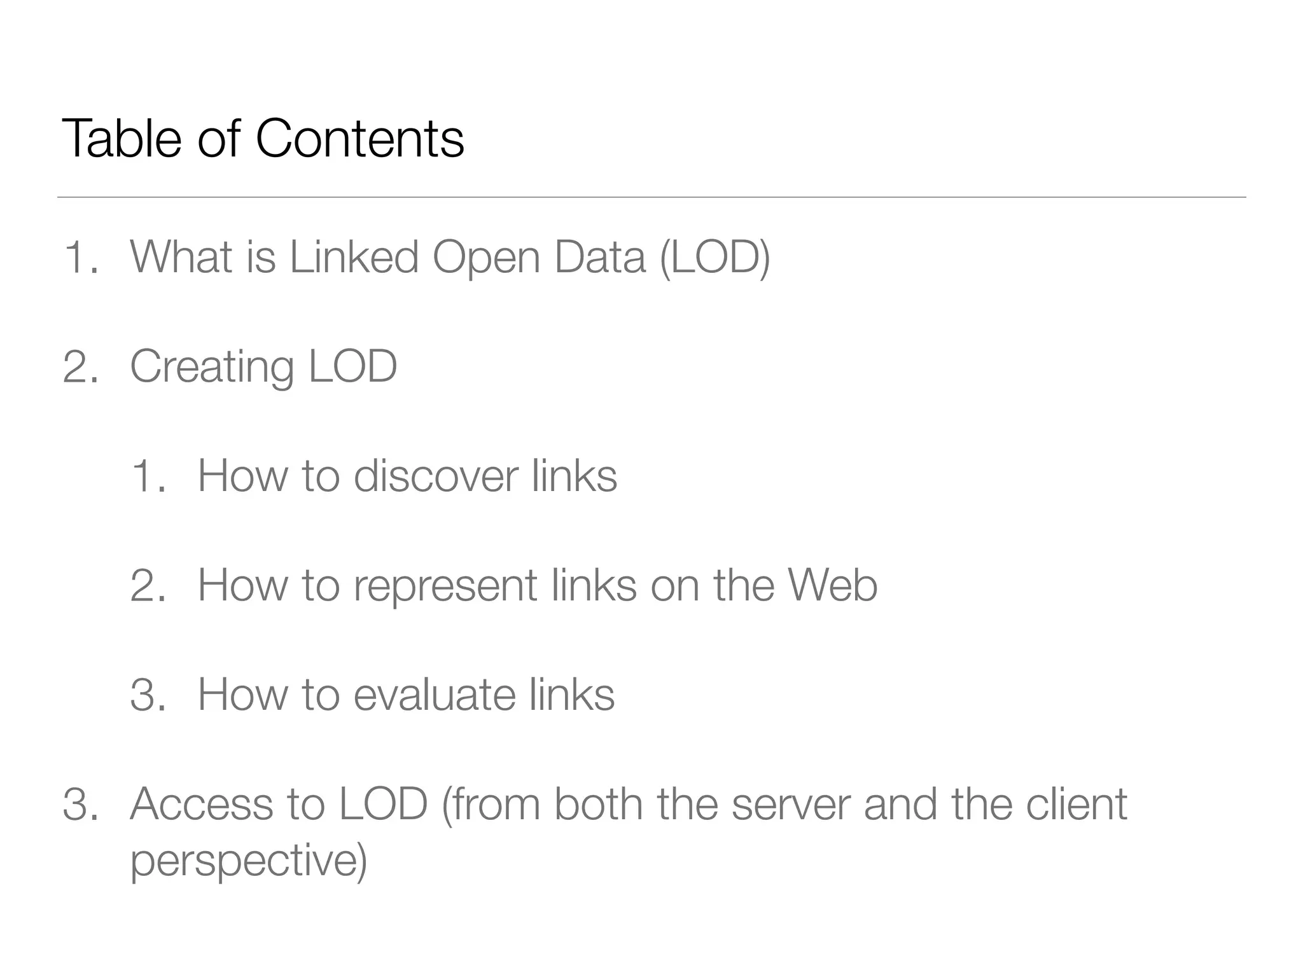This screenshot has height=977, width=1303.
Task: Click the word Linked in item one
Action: [354, 257]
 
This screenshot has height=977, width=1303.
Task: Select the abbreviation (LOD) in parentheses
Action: [714, 257]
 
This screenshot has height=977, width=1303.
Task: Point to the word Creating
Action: [211, 367]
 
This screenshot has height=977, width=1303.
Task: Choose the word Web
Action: [833, 585]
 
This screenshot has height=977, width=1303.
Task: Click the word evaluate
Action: [434, 695]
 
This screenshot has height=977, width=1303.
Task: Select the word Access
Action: [201, 804]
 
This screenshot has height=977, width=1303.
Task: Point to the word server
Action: [791, 804]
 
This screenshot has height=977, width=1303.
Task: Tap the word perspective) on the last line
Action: [249, 861]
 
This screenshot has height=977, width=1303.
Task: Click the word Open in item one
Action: [486, 258]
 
